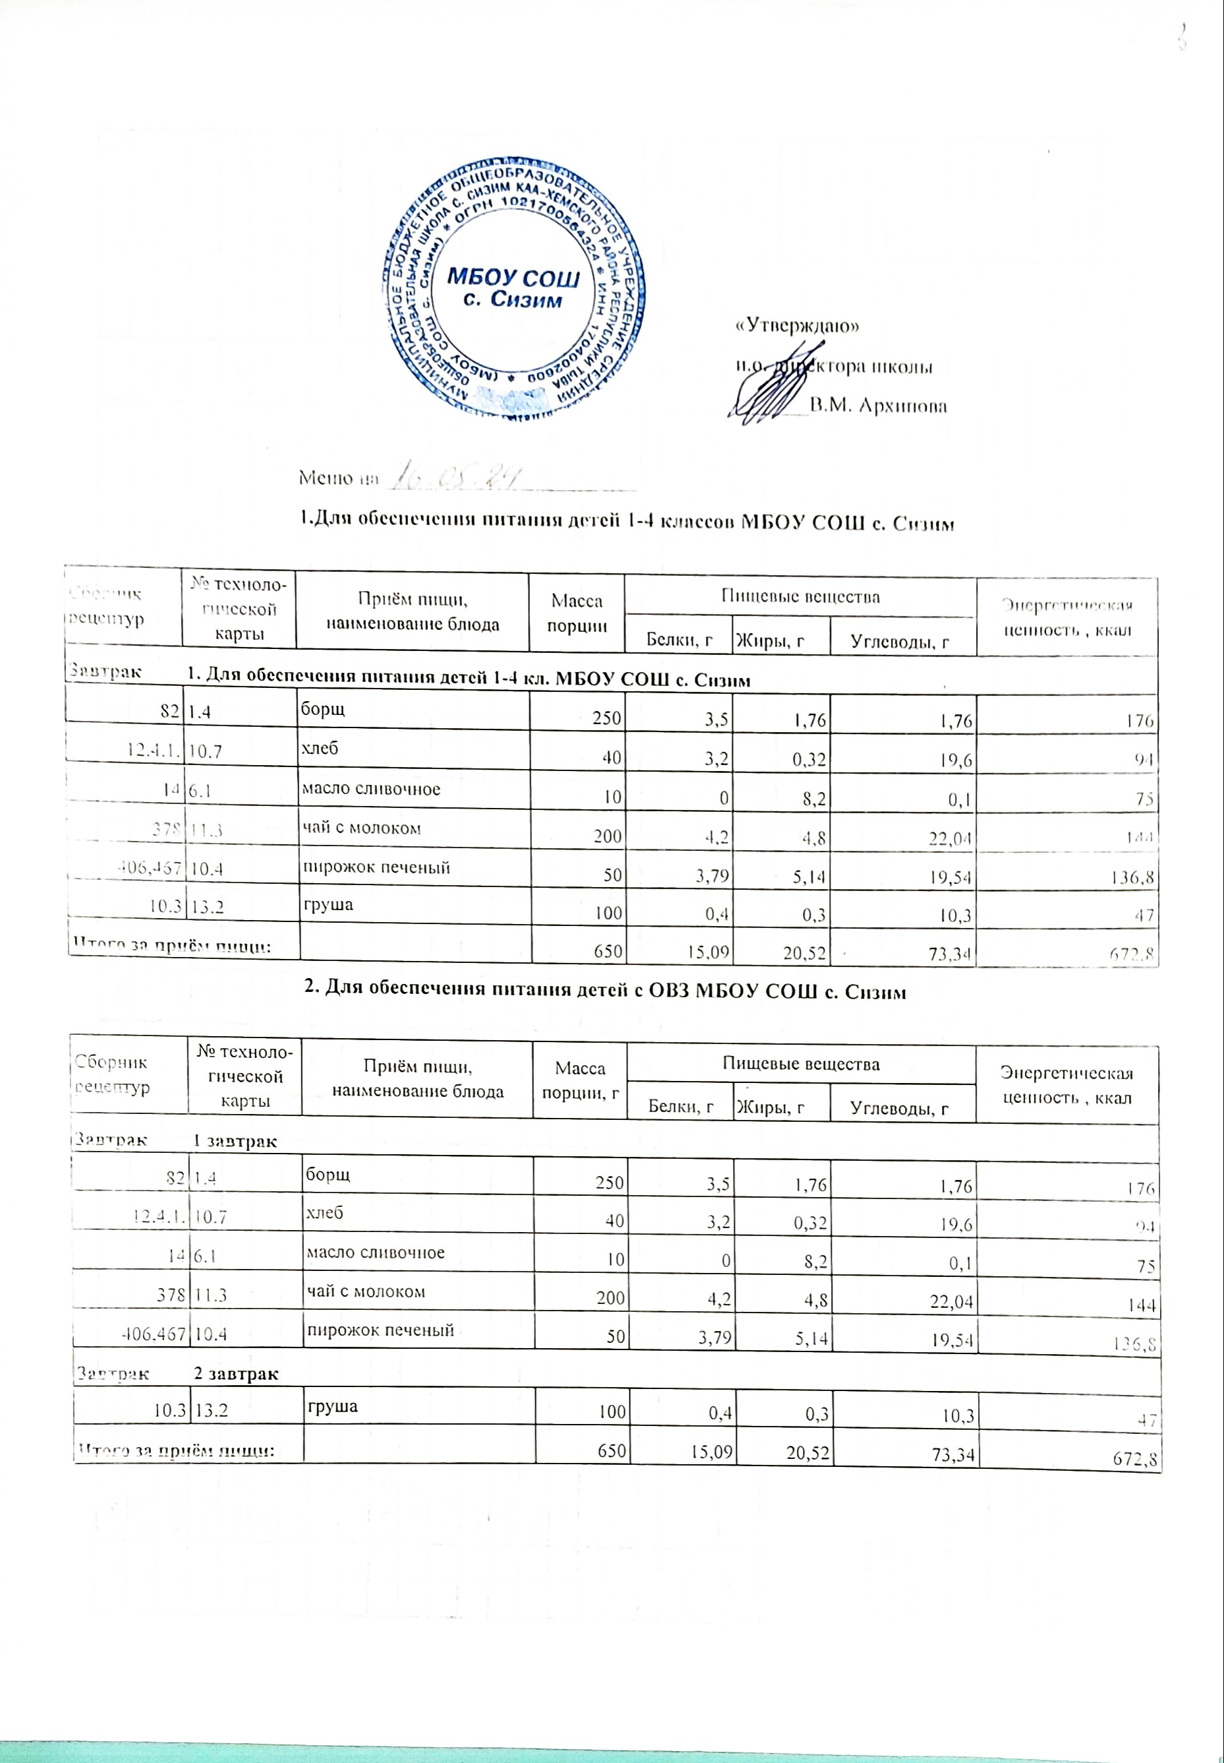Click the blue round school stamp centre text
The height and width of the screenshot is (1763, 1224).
[513, 287]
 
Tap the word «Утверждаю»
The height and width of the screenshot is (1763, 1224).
[797, 326]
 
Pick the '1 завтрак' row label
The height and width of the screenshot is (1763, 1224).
[234, 1141]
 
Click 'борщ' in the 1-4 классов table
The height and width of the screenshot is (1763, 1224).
[323, 708]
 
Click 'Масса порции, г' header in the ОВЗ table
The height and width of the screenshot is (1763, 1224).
[580, 1080]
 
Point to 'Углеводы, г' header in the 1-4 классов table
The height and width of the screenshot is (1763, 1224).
[900, 642]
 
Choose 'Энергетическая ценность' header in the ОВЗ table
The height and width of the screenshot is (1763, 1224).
[1066, 1085]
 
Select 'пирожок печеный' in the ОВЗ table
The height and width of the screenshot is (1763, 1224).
[380, 1330]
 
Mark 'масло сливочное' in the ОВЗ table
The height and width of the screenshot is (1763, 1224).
[375, 1252]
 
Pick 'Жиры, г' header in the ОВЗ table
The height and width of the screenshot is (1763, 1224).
[770, 1105]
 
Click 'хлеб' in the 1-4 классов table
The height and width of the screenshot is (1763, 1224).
[320, 748]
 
